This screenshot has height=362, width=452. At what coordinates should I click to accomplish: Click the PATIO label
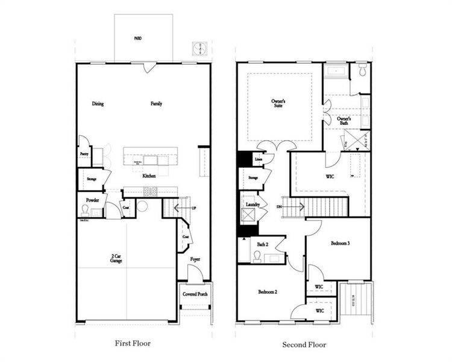click(137, 38)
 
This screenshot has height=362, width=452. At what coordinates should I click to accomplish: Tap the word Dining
click(98, 104)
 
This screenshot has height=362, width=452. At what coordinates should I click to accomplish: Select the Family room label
click(156, 104)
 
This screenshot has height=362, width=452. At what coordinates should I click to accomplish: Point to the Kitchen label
click(149, 176)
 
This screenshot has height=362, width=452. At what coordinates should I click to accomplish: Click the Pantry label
click(84, 154)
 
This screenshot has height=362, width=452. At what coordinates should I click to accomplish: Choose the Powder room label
click(92, 199)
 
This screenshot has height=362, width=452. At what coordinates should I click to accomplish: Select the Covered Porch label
click(195, 294)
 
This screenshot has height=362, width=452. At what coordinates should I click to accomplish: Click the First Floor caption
click(133, 343)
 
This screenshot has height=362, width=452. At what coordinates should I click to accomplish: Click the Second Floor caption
click(304, 345)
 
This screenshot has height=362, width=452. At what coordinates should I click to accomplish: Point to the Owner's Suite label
click(277, 103)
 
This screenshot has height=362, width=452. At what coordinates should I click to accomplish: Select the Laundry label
click(253, 205)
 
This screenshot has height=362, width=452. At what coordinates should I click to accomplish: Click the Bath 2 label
click(262, 244)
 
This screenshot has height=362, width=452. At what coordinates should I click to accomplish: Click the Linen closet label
click(258, 159)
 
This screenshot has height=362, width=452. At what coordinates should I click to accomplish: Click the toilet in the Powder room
click(86, 211)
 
